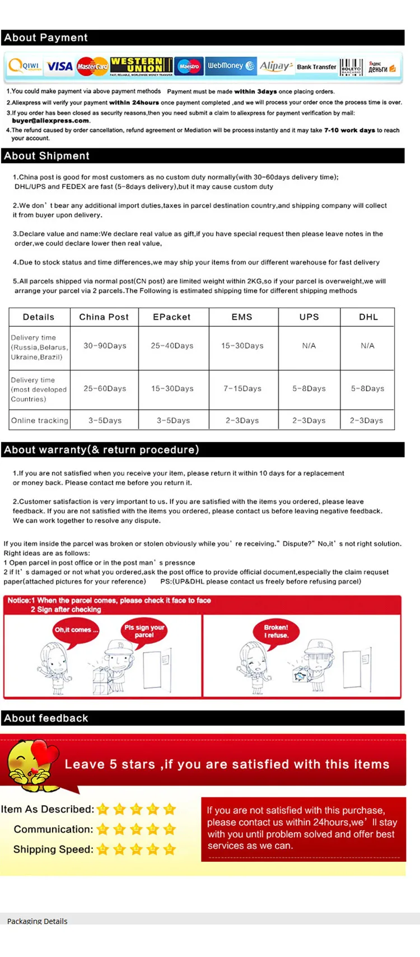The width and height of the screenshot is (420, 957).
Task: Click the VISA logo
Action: pyautogui.click(x=60, y=67)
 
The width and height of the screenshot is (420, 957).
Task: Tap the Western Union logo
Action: pyautogui.click(x=141, y=66)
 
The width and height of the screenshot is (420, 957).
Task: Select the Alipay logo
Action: pyautogui.click(x=276, y=66)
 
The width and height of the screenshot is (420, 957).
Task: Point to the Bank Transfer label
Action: pyautogui.click(x=316, y=67)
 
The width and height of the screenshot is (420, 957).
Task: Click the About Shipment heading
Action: pyautogui.click(x=46, y=156)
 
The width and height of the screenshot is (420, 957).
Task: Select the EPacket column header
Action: pyautogui.click(x=172, y=317)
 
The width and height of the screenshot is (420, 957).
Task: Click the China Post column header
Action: pyautogui.click(x=104, y=317)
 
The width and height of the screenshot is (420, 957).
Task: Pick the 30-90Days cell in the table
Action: pyautogui.click(x=105, y=346)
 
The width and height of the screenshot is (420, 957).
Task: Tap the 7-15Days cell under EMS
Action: pyautogui.click(x=242, y=388)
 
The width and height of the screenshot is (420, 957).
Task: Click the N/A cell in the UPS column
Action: pyautogui.click(x=309, y=346)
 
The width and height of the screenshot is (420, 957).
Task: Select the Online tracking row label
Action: pyautogui.click(x=40, y=420)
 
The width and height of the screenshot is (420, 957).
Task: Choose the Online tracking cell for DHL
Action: pyautogui.click(x=367, y=420)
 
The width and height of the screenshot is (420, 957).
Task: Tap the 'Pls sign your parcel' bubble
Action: pyautogui.click(x=144, y=631)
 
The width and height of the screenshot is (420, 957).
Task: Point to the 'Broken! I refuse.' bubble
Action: pyautogui.click(x=276, y=631)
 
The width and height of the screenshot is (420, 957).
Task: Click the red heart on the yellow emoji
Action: pyautogui.click(x=45, y=752)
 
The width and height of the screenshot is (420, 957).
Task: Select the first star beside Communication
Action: pyautogui.click(x=102, y=829)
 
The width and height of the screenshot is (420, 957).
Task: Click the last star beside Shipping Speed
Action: pyautogui.click(x=169, y=849)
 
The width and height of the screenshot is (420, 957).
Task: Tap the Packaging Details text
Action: pyautogui.click(x=37, y=921)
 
